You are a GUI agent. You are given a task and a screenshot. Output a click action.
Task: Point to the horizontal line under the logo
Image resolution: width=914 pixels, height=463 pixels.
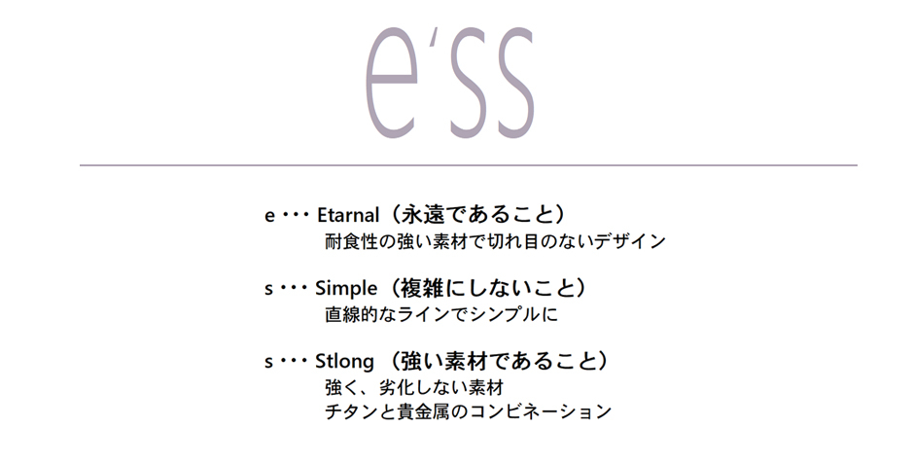click(468, 165)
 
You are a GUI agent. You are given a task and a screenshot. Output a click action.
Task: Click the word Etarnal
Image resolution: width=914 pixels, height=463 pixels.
click(348, 215)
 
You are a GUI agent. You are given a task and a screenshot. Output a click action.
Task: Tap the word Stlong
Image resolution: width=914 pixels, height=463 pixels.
click(344, 362)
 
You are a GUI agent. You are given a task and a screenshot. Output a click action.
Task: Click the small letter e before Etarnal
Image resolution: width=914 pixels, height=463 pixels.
click(269, 216)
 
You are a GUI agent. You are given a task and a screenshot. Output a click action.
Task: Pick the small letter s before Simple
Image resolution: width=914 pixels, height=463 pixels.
click(268, 289)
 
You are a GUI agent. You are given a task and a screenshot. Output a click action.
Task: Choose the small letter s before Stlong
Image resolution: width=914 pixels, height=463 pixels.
click(268, 362)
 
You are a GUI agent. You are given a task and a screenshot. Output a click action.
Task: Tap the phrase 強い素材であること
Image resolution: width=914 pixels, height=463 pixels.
click(498, 360)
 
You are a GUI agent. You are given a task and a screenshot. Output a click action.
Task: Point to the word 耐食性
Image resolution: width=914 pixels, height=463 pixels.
click(351, 241)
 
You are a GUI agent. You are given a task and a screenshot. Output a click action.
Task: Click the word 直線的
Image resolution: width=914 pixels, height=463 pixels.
click(351, 314)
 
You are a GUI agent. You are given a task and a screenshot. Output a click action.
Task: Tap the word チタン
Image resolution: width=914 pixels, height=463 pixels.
click(351, 411)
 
